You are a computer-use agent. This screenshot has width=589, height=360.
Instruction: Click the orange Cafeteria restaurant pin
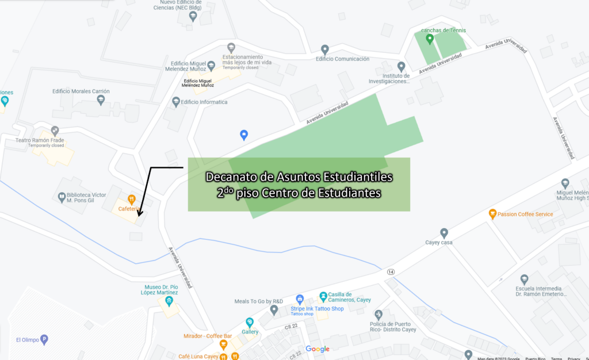click(132, 200)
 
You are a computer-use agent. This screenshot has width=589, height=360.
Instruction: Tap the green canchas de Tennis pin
click(429, 39)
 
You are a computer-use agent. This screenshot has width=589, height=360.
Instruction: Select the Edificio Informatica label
click(204, 102)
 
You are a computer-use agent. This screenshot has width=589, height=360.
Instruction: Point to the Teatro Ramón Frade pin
click(55, 131)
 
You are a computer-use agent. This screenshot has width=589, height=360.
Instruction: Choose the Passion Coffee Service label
click(525, 215)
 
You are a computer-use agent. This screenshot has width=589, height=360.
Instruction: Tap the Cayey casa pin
click(444, 233)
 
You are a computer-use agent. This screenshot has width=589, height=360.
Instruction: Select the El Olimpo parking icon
click(44, 339)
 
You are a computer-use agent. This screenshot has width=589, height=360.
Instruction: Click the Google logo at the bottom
click(317, 349)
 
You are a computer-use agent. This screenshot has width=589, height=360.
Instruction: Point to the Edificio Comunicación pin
click(325, 49)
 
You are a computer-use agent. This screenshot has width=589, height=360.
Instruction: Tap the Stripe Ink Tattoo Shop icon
click(299, 299)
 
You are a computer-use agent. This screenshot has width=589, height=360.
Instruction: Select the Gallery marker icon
click(250, 322)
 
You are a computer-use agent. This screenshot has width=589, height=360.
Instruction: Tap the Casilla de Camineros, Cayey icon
click(323, 296)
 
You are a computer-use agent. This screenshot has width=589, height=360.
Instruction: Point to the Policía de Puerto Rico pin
click(378, 314)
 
